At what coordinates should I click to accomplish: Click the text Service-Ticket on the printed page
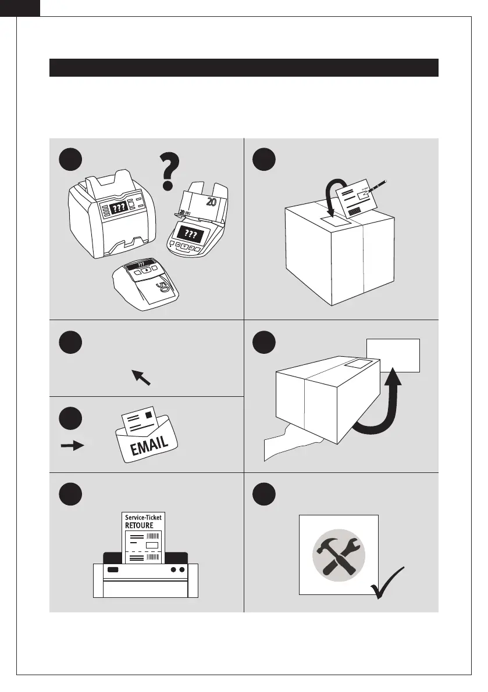pos(144,518)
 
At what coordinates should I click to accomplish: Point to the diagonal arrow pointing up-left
pos(141,377)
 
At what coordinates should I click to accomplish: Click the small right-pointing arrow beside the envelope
pos(72,446)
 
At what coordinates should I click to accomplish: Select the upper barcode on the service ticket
pos(153,536)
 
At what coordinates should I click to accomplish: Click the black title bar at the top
pos(243,67)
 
